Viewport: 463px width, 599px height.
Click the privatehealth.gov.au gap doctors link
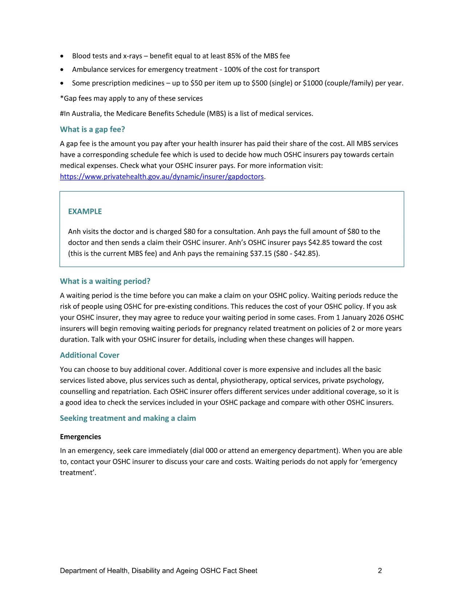[162, 177]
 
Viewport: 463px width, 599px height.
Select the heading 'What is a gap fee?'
[92, 130]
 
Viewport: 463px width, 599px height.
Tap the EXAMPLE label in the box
[85, 212]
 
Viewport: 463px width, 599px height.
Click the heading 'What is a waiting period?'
[105, 281]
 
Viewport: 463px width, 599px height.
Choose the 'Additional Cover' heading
[89, 355]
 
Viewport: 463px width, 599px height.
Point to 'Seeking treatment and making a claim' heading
[128, 418]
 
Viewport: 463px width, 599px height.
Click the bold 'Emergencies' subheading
[80, 437]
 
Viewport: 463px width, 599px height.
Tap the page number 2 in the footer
[380, 571]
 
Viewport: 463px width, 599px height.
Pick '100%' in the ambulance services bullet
[231, 69]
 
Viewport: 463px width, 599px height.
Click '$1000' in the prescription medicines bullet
[313, 83]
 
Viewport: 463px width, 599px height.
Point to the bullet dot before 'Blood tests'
[63, 56]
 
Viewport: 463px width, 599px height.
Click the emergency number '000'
[211, 451]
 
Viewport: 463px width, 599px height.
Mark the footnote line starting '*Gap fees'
[131, 98]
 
